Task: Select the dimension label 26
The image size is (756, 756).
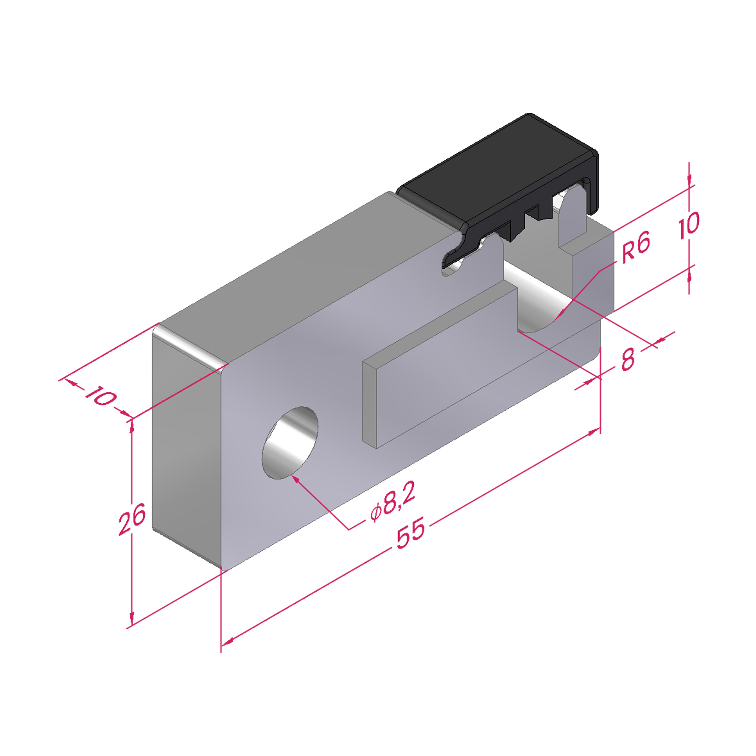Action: click(x=132, y=519)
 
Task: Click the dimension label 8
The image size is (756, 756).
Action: click(x=627, y=360)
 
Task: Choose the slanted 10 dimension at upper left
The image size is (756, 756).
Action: click(x=100, y=395)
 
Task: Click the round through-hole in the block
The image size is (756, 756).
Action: click(x=290, y=442)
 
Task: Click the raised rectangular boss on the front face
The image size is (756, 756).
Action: click(x=439, y=365)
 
